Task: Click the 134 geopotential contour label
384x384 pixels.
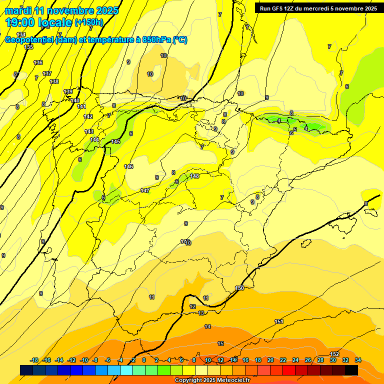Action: (21, 34)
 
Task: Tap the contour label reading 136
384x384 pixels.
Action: (38, 62)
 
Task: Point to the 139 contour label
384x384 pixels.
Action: (68, 91)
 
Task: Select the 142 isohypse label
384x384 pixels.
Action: (88, 116)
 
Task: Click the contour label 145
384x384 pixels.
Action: (115, 142)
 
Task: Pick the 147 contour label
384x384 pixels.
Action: (145, 190)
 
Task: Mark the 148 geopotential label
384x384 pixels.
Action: (194, 176)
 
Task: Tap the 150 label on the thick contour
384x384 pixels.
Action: (239, 288)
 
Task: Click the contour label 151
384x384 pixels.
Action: (279, 321)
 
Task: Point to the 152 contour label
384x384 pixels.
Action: (335, 354)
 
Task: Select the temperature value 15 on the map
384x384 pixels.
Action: (220, 343)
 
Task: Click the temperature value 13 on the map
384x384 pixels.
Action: (201, 313)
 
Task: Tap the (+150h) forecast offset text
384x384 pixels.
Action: (89, 22)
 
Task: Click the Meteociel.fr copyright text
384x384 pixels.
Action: (212, 380)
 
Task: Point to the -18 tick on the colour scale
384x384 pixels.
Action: (34, 360)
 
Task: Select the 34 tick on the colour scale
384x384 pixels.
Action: (357, 360)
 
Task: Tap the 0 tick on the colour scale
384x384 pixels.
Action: (144, 360)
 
